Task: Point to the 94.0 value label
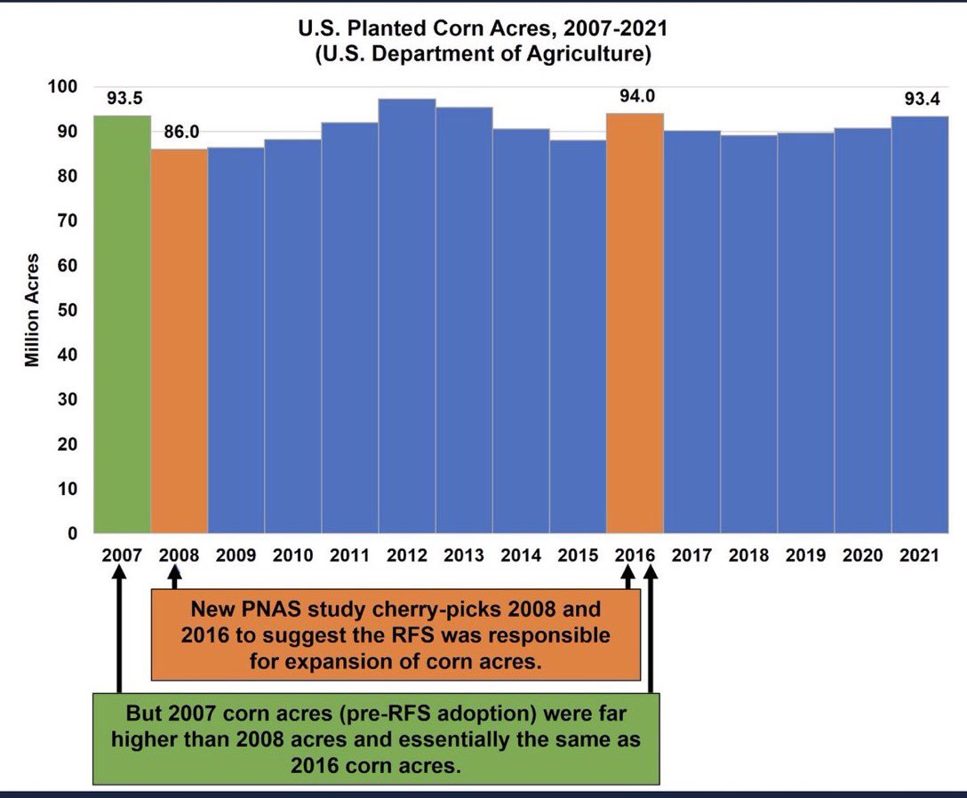pos(635,96)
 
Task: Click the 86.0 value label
pos(180,132)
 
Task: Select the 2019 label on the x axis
pos(805,556)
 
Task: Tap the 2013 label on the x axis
pos(464,556)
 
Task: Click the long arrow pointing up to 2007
pos(119,631)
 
